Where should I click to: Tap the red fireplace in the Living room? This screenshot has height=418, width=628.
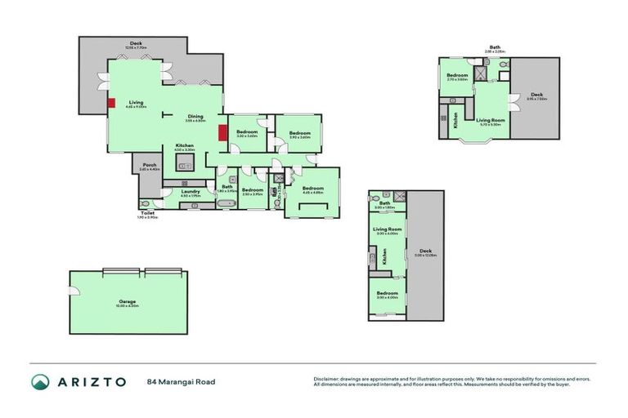point(110,103)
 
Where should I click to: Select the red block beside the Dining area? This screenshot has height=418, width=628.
point(222,132)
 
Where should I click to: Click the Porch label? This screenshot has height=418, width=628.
point(150,166)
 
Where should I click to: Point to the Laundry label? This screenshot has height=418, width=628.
point(190,192)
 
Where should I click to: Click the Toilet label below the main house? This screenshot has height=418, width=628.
point(148,213)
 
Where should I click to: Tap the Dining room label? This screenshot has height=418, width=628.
point(195,116)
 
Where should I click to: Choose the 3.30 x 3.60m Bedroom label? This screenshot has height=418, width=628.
point(247,132)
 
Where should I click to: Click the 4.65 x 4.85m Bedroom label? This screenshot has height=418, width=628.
point(312,189)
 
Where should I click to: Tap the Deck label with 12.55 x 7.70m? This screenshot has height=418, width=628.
point(136,44)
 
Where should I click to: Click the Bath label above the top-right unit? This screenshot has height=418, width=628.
point(496,47)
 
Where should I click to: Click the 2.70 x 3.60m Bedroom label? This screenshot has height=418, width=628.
point(456,77)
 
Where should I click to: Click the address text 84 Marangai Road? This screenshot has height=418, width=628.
point(180,381)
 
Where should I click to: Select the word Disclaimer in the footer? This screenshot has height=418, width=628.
point(326,378)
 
